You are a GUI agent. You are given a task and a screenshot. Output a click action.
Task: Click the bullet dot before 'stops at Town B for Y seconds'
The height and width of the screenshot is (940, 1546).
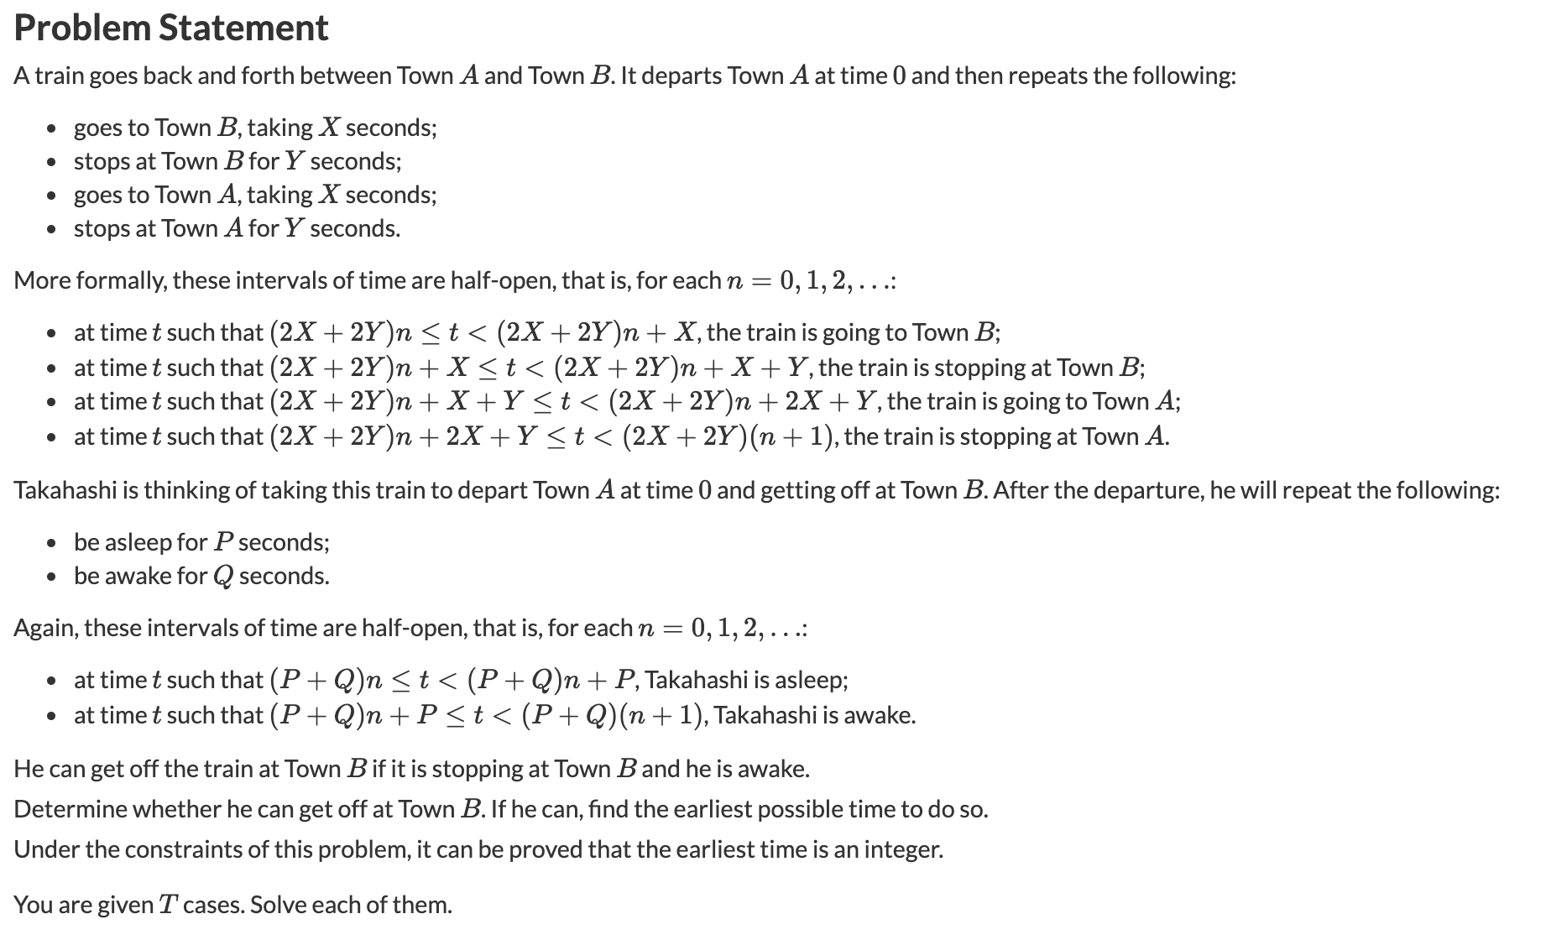point(52,161)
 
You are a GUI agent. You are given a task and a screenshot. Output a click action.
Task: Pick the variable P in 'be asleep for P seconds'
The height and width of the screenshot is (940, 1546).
point(222,542)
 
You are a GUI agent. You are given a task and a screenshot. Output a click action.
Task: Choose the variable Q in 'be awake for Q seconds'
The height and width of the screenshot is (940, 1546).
point(222,577)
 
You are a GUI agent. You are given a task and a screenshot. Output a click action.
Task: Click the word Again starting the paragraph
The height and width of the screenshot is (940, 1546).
point(45,628)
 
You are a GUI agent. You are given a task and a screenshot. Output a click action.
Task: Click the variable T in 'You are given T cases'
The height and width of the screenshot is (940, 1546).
point(168,905)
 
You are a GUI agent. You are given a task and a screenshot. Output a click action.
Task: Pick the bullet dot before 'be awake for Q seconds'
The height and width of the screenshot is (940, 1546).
point(52,577)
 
